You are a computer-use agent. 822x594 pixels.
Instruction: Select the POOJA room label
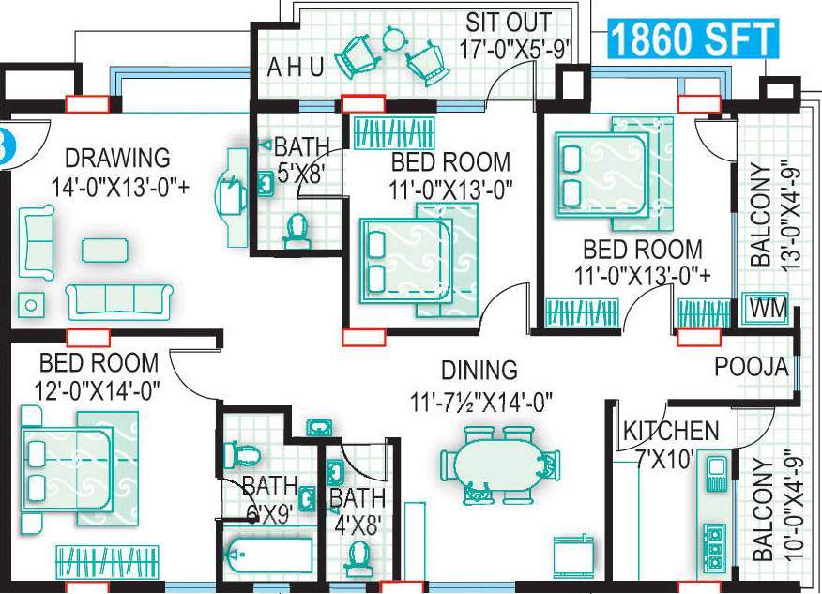tap(751, 367)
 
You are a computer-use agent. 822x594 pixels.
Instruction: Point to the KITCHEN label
tap(671, 432)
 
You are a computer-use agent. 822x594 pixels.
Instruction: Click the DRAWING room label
tap(117, 157)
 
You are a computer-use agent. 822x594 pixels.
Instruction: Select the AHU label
tap(296, 68)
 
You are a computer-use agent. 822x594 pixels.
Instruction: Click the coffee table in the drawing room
tap(103, 250)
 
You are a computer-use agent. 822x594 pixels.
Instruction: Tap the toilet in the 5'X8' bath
tap(297, 229)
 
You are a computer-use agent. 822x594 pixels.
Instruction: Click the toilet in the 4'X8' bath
tap(358, 557)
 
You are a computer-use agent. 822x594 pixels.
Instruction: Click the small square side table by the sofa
tap(31, 304)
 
